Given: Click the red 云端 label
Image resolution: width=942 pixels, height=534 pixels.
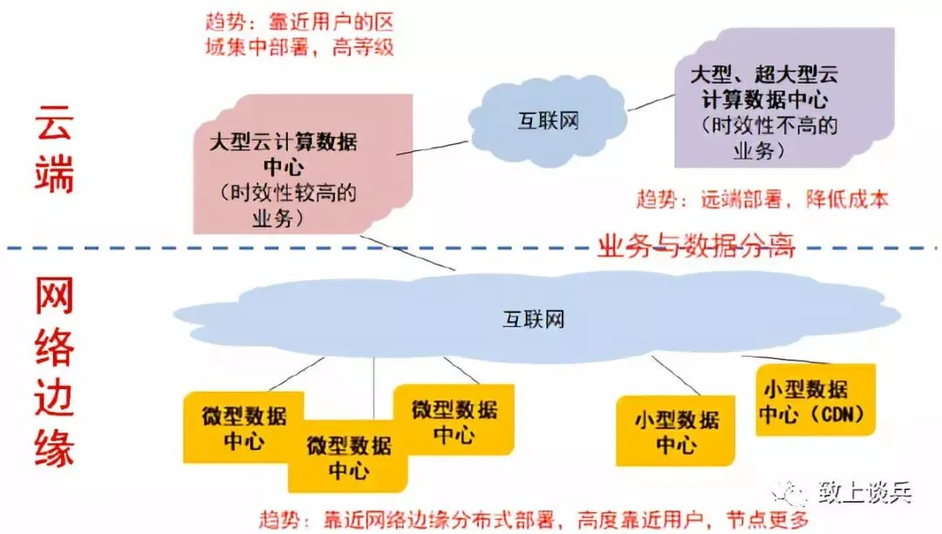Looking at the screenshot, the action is pos(54,149).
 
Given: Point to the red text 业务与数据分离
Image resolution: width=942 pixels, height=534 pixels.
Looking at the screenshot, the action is pos(695,247).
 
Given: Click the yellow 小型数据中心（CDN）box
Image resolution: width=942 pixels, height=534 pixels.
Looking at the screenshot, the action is pos(816,401).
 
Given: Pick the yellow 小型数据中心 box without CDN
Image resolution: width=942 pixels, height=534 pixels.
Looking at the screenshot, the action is pos(676,431).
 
